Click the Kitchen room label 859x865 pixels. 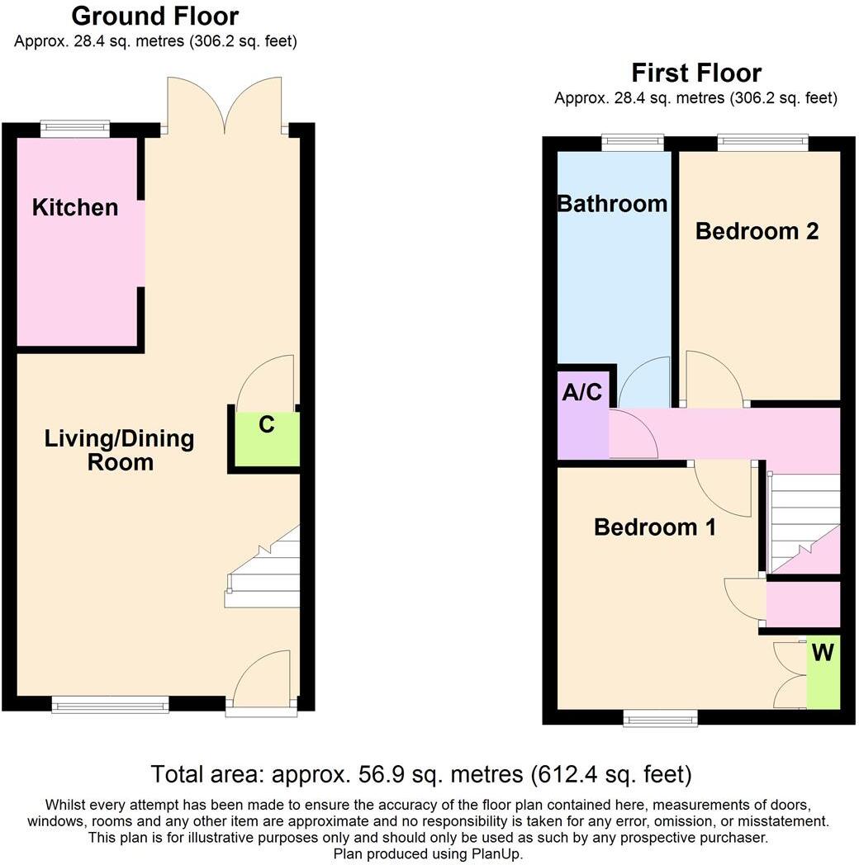75,207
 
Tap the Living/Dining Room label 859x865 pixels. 120,450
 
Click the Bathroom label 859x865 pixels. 612,203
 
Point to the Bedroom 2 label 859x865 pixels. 757,231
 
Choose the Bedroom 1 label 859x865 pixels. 655,527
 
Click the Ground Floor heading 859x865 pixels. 155,16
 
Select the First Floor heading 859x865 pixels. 696,73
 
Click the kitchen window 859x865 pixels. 75,128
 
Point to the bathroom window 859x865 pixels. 633,142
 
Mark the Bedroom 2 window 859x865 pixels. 762,142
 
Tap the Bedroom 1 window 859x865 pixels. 660,720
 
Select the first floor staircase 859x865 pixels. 803,520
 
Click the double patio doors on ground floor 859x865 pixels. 224,106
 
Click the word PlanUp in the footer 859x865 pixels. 496,854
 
